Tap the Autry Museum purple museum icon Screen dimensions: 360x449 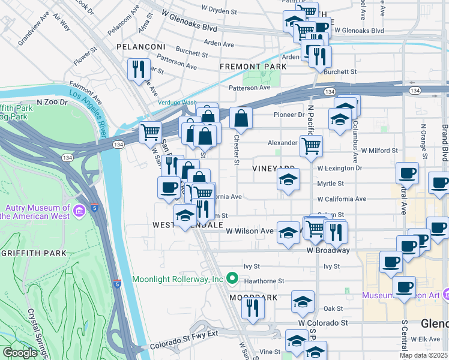coord(79,211)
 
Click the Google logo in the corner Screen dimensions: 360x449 coord(20,353)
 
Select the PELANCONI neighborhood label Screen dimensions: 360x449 coord(140,47)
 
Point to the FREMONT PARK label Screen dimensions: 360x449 coord(250,66)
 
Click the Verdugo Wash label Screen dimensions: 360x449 coord(177,103)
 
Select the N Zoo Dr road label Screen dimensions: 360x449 coord(51,102)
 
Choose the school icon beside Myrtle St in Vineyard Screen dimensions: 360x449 coord(288,179)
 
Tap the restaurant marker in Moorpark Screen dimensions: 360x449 coord(253,307)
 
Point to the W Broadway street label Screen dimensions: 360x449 coord(327,250)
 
